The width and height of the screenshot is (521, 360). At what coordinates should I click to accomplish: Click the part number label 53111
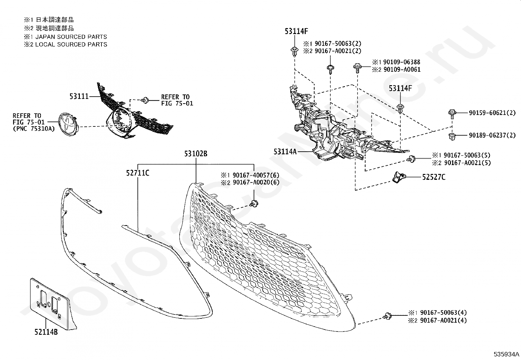[x=79, y=97]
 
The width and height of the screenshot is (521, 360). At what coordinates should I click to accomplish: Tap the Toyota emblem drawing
[x=67, y=123]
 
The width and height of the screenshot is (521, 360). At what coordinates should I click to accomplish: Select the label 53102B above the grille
[x=195, y=154]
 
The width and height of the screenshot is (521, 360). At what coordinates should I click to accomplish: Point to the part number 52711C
[x=138, y=173]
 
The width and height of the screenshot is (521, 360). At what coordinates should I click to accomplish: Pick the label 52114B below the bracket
[x=46, y=332]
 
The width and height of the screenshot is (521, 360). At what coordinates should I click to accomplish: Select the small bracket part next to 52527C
[x=398, y=177]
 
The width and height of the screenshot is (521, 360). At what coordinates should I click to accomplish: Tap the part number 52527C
[x=434, y=177]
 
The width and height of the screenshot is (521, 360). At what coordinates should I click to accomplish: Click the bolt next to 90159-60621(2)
[x=452, y=113]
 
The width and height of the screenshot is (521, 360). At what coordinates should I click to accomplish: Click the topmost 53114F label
[x=296, y=31]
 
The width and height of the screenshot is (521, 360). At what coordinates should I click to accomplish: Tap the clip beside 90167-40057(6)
[x=253, y=203]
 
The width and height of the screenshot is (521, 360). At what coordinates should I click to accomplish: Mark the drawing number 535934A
[x=507, y=354]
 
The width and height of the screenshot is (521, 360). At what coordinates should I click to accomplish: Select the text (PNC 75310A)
[x=34, y=128]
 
